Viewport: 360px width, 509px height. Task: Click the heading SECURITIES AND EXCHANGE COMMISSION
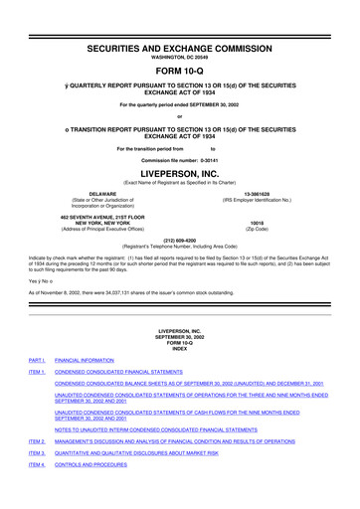(x=179, y=20)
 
